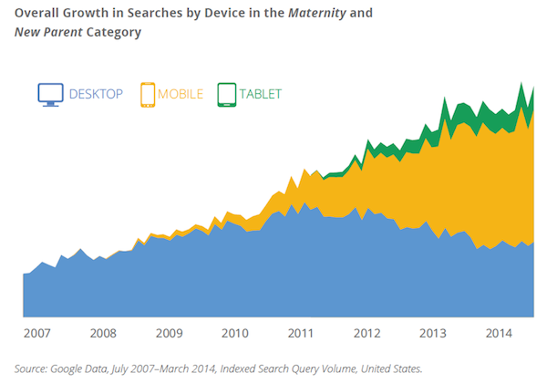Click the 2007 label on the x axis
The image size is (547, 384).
[36, 333]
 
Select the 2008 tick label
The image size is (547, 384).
[103, 333]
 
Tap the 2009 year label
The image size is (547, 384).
[169, 333]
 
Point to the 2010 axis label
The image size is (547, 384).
[235, 333]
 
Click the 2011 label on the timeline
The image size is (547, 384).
[301, 333]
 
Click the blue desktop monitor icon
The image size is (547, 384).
[50, 94]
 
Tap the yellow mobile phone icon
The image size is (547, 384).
[148, 94]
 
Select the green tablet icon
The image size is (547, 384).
[225, 94]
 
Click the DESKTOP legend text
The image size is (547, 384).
[95, 94]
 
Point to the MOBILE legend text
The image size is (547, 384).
[181, 94]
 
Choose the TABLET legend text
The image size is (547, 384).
[261, 94]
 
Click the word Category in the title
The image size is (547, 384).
[114, 32]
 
